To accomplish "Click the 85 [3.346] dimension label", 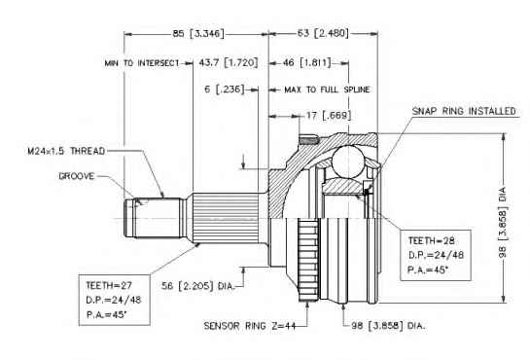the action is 198,33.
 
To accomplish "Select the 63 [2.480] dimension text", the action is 323,33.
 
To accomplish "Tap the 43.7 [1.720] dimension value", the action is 229,62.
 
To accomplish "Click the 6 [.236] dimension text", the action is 224,90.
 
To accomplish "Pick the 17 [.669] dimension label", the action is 329,115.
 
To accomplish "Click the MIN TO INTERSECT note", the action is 142,63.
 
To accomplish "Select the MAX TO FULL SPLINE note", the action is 327,90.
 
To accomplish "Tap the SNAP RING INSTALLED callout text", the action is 464,111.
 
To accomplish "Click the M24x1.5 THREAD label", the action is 66,151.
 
